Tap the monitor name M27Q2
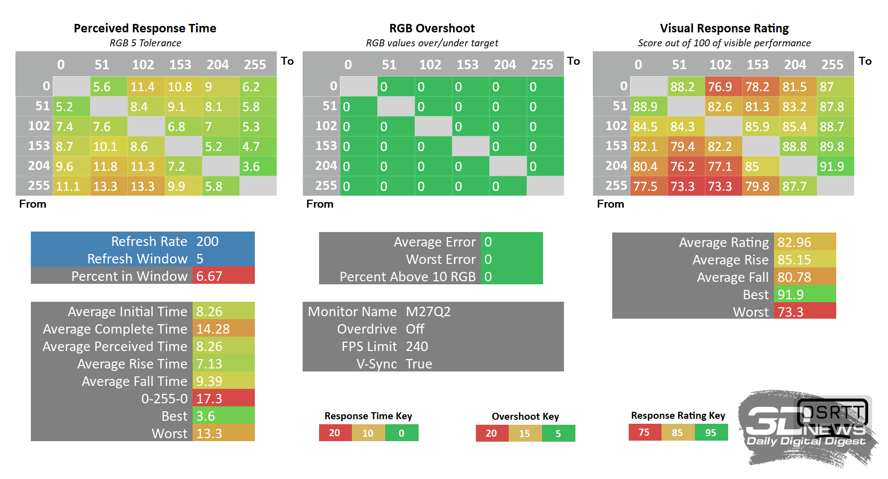pos(428,312)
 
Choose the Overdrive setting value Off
pos(415,329)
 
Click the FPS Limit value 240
pos(417,347)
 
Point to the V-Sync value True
pos(419,364)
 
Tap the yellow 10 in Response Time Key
pos(368,433)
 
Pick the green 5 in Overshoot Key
pos(558,434)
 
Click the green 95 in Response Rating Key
pos(711,433)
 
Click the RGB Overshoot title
pos(432,28)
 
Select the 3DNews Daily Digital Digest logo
pos(806,428)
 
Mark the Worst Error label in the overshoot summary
pos(441,259)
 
